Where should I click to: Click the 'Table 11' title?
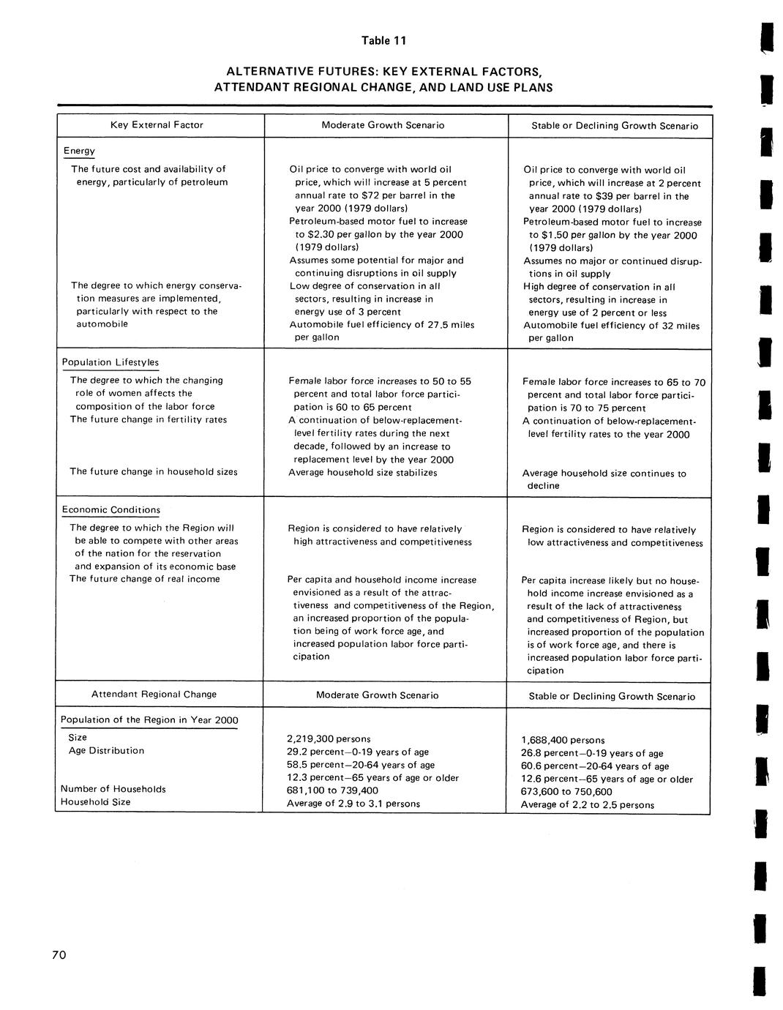383,40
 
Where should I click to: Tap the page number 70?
59,954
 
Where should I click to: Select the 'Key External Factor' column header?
157,125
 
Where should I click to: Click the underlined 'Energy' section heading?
79,151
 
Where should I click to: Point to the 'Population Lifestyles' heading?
110,362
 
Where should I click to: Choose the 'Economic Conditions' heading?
110,509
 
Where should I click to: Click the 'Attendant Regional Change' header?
154,694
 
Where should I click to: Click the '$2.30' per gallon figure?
310,234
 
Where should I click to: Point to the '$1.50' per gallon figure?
544,235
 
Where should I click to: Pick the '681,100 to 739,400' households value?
333,790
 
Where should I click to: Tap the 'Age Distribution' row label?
106,750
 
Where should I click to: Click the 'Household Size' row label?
95,801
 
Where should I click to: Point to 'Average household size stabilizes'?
363,472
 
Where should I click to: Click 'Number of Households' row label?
113,789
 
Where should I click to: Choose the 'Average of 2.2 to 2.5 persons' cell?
588,804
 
